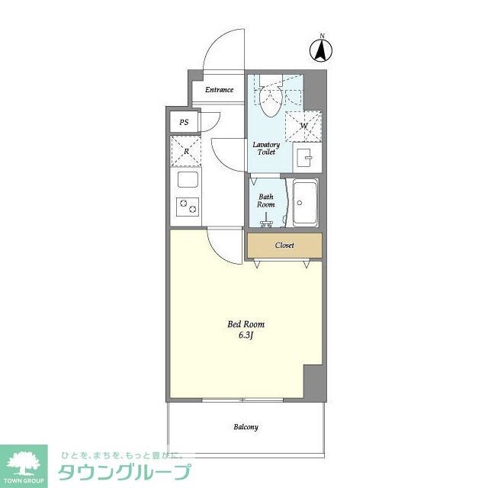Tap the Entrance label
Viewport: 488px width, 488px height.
[219, 90]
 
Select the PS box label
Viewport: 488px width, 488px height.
[184, 123]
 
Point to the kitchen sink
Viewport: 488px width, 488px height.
[188, 181]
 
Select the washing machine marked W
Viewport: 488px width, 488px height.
[303, 125]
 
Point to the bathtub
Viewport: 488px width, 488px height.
[305, 204]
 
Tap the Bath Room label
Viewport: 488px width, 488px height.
[265, 201]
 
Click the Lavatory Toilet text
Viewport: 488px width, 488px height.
[266, 148]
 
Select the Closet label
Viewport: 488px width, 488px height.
[284, 246]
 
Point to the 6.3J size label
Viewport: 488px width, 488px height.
[246, 335]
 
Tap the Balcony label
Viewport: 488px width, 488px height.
[246, 427]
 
